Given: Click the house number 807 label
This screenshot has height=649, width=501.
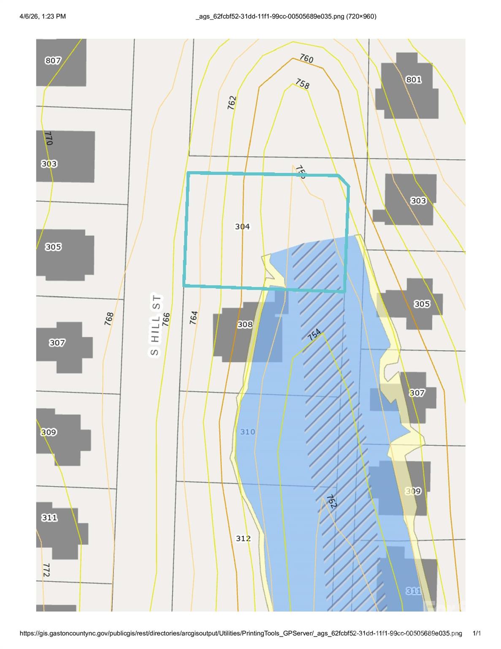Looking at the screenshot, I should point(53,60).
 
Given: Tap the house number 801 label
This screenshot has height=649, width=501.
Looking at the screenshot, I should point(413,79).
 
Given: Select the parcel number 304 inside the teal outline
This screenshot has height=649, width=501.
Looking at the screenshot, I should point(242,226).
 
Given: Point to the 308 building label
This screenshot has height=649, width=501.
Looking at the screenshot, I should point(245,324).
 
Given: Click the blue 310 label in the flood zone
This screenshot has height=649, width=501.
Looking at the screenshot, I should point(248,432).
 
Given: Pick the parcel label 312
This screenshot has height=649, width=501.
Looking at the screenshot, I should point(243,538).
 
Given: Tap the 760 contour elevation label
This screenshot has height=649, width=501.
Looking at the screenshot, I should point(306,58).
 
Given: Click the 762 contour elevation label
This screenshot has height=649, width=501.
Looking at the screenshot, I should point(232,103).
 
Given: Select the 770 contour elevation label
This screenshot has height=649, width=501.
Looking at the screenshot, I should point(48,138).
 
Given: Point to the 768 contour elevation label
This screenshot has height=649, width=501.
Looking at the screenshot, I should point(109,318).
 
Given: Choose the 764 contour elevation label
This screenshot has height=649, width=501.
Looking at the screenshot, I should point(194,317).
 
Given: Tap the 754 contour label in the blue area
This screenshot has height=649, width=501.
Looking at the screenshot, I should point(314,335).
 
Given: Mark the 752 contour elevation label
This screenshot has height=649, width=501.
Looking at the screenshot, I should point(331,501).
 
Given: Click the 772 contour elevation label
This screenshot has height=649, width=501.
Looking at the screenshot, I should point(46,570).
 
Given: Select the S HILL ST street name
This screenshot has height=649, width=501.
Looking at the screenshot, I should point(155,325).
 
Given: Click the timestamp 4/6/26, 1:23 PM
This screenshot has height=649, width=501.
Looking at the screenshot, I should point(43,16).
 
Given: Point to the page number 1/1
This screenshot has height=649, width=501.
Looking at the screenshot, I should point(477,633).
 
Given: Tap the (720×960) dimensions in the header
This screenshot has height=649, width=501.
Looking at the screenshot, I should point(361,16).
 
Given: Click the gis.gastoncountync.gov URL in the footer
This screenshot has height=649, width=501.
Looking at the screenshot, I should point(241,633).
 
